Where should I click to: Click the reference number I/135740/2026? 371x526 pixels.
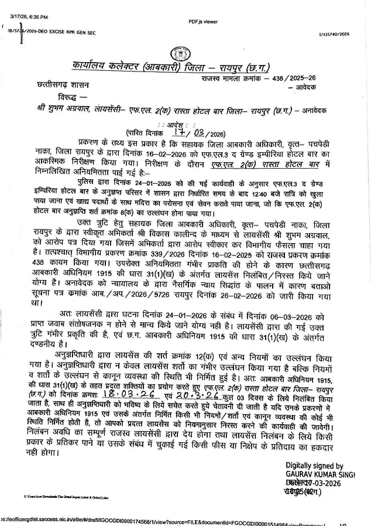(334, 35)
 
